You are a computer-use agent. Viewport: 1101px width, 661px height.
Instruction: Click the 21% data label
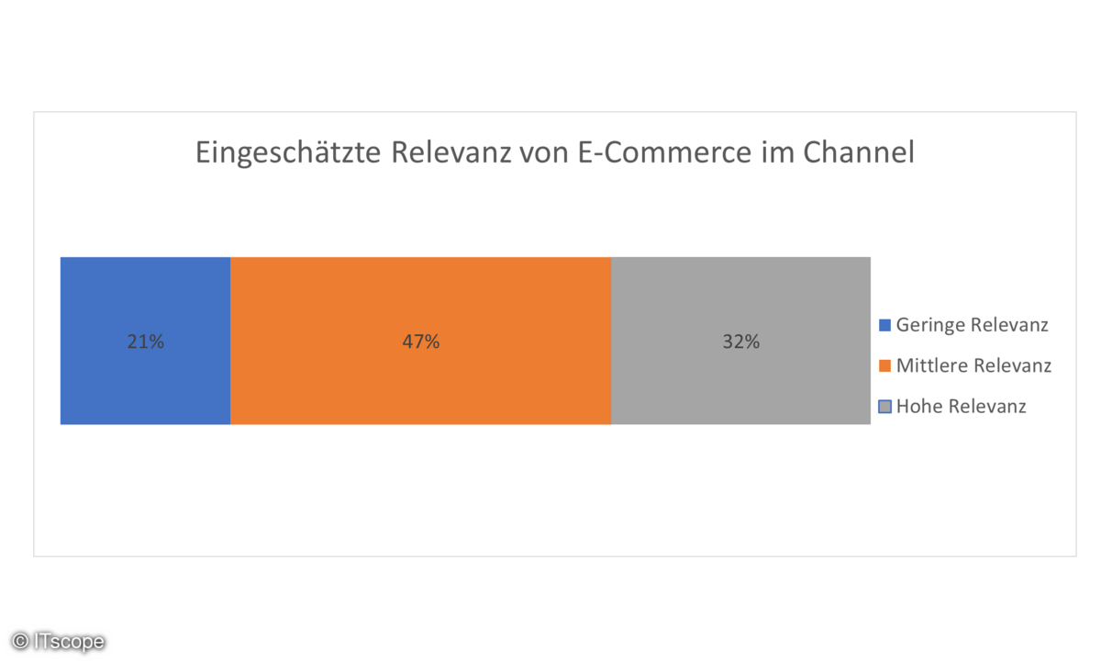(145, 342)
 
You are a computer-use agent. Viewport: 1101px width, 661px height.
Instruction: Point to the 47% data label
(420, 342)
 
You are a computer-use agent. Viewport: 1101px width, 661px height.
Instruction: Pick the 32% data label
(740, 342)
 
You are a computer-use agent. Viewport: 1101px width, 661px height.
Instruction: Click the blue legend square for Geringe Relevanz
(884, 325)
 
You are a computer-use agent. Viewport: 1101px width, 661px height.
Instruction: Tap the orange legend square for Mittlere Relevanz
(884, 366)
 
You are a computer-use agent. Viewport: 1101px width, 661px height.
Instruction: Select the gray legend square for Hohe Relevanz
(884, 407)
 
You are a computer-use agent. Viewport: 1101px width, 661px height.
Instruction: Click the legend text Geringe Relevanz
(973, 325)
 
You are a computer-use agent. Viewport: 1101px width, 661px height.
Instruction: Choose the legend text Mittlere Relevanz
(973, 366)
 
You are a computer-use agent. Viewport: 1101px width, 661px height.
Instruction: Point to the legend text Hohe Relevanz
(962, 407)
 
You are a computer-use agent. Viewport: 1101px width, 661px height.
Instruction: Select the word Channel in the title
(859, 152)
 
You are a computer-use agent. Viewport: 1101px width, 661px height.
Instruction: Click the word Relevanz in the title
(451, 152)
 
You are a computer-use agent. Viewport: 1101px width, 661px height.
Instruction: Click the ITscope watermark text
(69, 642)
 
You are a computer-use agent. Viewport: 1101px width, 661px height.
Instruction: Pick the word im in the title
(775, 152)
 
